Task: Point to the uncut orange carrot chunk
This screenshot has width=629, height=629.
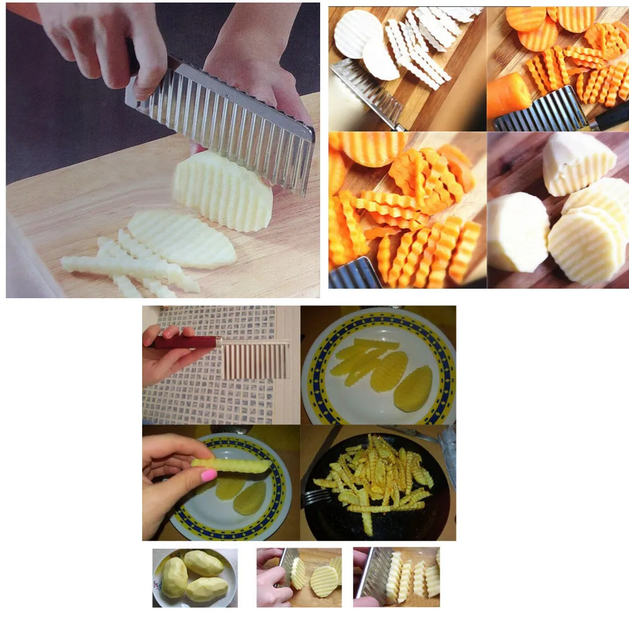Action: pos(508,95)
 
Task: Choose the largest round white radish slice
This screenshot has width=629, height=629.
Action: pos(357,35)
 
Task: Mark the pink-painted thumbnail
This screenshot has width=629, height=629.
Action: pos(208,476)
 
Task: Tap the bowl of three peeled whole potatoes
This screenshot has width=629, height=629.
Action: pos(194,577)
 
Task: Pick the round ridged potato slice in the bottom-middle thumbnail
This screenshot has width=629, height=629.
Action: pos(324,581)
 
